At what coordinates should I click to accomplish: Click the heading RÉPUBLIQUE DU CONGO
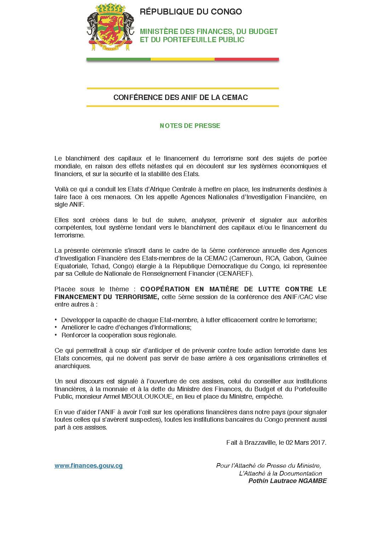click(x=191, y=12)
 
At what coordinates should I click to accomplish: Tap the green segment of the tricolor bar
click(x=118, y=59)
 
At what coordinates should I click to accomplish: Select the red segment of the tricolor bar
click(x=247, y=59)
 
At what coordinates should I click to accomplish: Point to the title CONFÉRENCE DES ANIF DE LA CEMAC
click(x=180, y=97)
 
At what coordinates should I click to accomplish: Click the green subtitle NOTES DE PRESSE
click(x=190, y=126)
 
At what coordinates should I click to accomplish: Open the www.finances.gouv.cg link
click(x=89, y=466)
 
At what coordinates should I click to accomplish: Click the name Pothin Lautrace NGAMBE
click(x=287, y=481)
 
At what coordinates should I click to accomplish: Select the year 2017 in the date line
click(x=318, y=442)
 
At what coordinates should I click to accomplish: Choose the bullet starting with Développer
click(x=189, y=320)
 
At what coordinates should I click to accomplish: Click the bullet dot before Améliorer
click(x=56, y=327)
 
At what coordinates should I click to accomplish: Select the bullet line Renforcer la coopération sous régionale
click(x=119, y=335)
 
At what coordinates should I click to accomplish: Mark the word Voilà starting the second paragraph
click(x=62, y=189)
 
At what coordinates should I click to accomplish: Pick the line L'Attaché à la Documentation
click(x=280, y=473)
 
